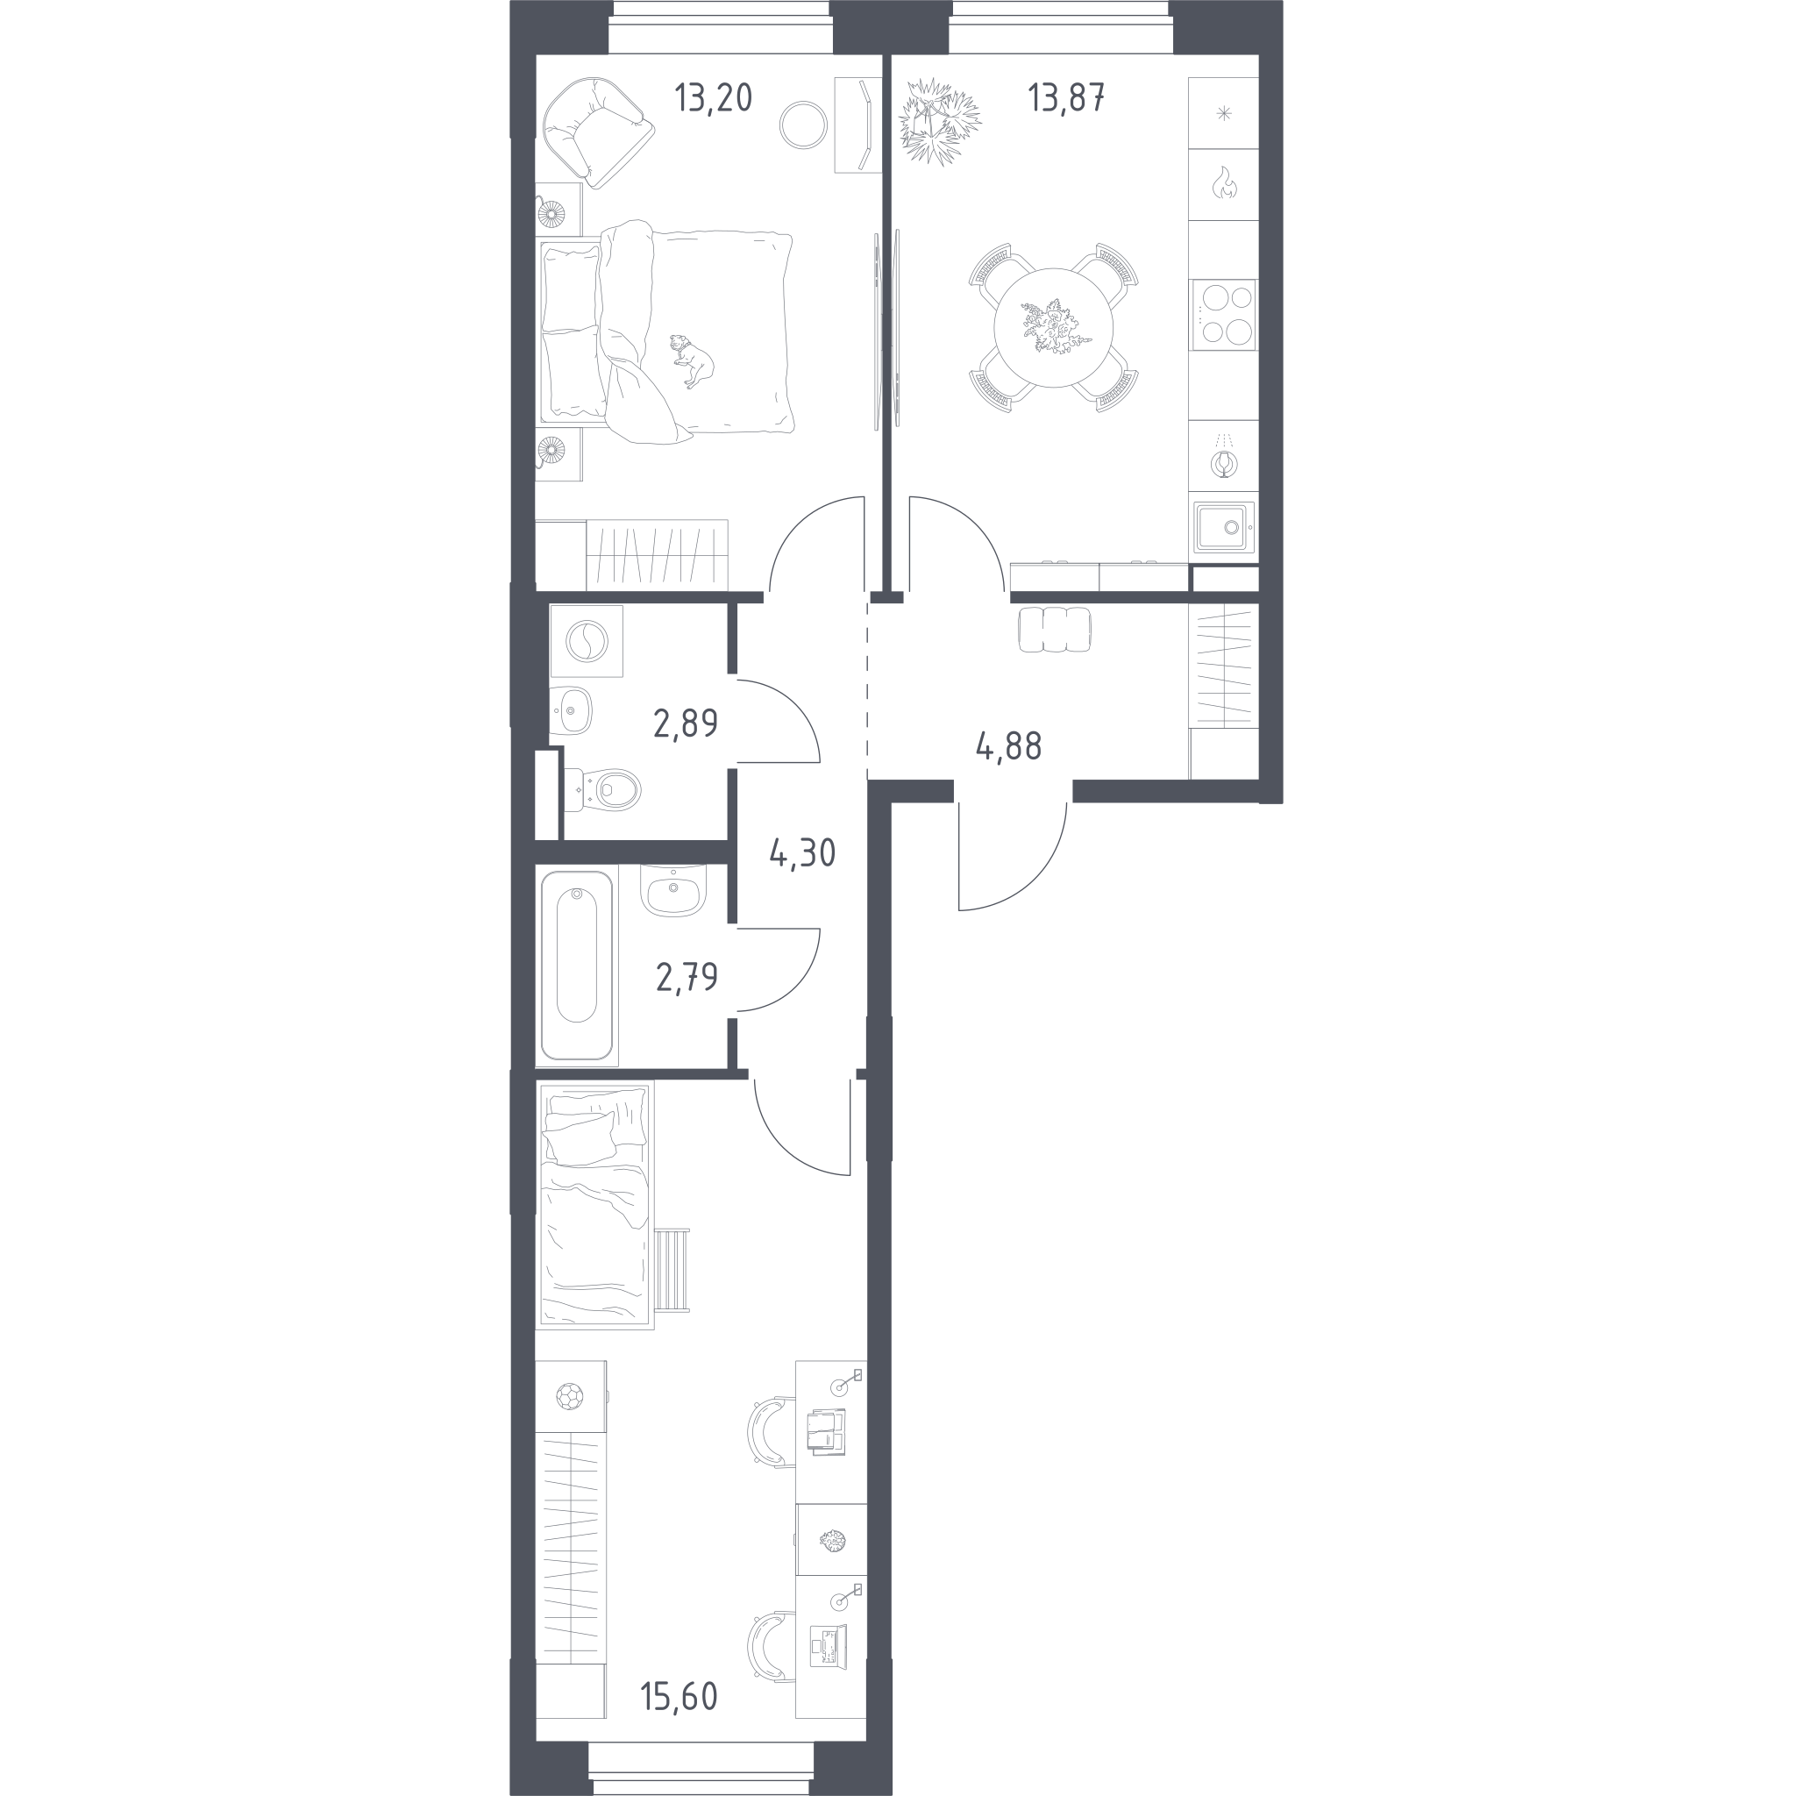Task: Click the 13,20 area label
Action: pos(713,97)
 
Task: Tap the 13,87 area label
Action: pos(1066,97)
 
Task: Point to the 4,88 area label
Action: pos(1008,745)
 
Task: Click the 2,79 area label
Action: pos(687,977)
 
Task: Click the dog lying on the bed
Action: pos(692,360)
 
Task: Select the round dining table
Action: pos(1053,327)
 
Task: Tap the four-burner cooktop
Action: pos(1223,315)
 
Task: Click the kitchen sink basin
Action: pos(1224,527)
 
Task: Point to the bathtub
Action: pos(576,965)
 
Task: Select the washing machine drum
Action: pos(587,640)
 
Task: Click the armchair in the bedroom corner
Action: pos(598,130)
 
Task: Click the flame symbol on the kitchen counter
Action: pos(1223,183)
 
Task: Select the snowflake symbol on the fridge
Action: pos(1223,114)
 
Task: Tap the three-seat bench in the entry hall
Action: pos(1055,630)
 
